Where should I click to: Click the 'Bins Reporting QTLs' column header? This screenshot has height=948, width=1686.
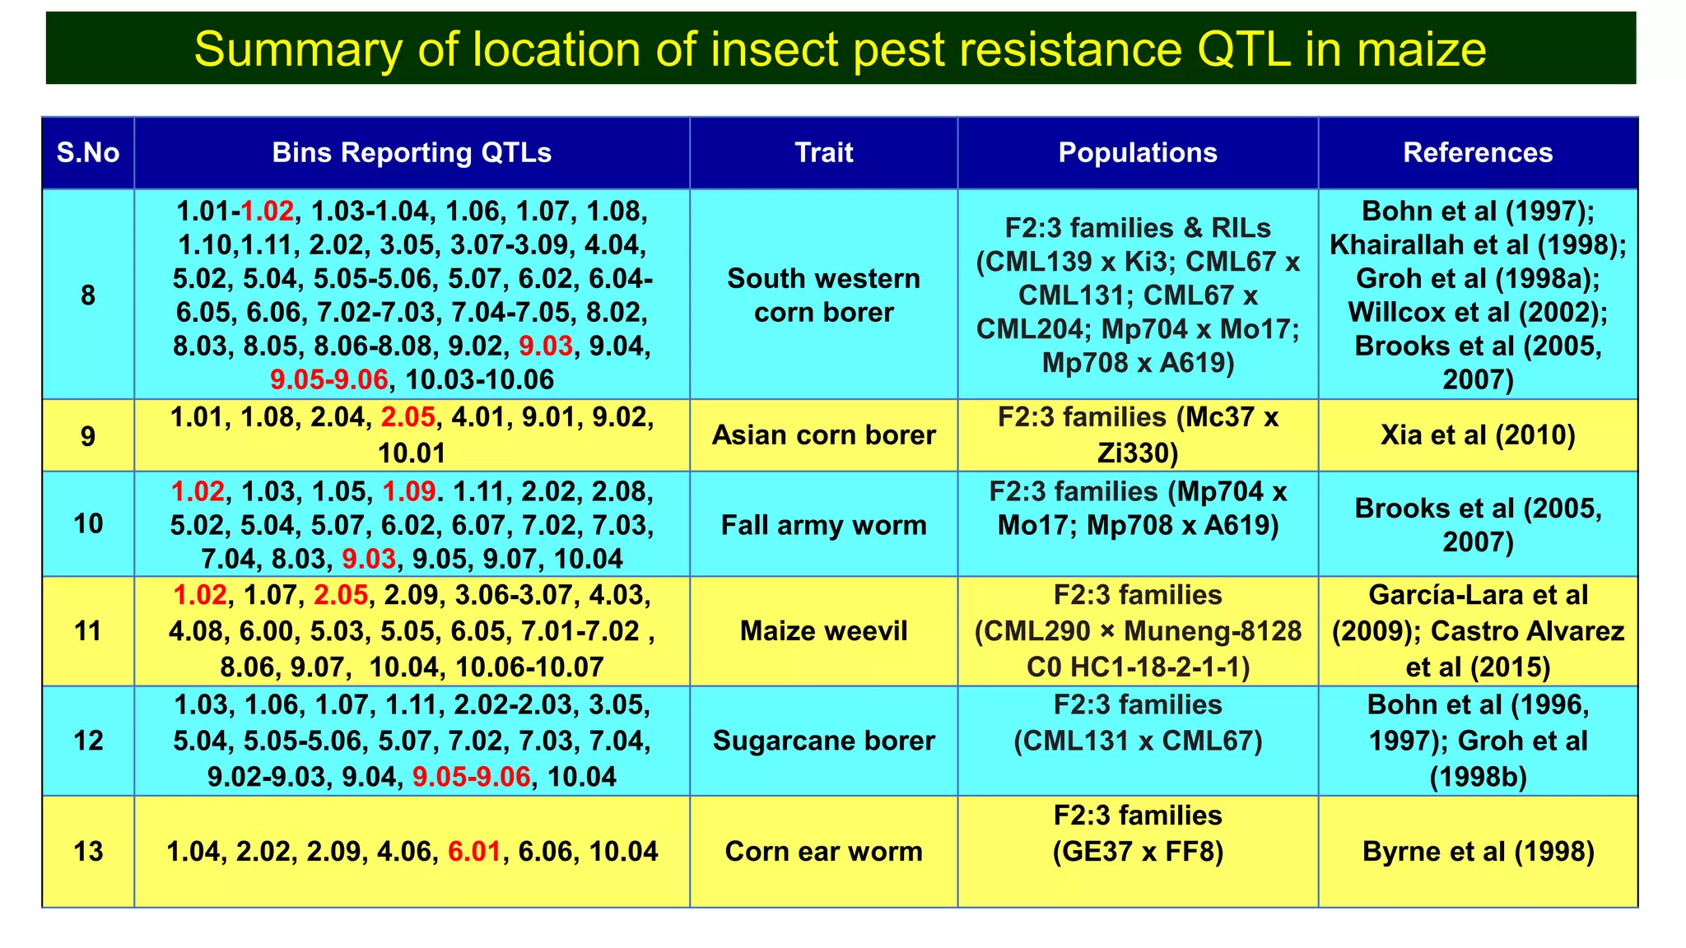click(x=412, y=153)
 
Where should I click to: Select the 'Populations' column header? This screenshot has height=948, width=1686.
click(x=1138, y=153)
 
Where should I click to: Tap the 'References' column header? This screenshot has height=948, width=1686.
click(x=1478, y=153)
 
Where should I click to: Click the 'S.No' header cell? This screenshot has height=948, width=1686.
click(x=88, y=153)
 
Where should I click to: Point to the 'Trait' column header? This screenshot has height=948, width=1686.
click(x=823, y=153)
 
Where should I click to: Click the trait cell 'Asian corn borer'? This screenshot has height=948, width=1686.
click(x=823, y=435)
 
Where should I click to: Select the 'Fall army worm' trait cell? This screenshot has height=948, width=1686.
click(x=823, y=525)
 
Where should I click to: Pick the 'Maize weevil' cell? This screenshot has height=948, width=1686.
click(x=823, y=631)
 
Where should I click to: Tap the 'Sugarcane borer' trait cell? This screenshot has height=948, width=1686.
click(x=823, y=741)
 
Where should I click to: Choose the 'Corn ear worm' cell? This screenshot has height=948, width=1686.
click(x=823, y=852)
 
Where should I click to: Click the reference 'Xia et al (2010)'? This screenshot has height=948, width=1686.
click(x=1478, y=435)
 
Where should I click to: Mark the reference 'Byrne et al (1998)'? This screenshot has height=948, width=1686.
click(x=1478, y=852)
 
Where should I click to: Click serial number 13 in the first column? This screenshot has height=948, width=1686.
click(x=88, y=852)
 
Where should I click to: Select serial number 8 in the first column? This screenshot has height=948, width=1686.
click(x=88, y=295)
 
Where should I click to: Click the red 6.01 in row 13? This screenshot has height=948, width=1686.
click(x=474, y=852)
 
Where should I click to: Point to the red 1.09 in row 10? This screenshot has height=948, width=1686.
click(x=409, y=492)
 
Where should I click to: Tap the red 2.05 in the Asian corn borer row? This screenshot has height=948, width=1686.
click(x=408, y=418)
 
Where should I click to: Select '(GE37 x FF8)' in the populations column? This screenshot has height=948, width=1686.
click(x=1138, y=852)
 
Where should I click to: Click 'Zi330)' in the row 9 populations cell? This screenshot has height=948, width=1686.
click(x=1138, y=453)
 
